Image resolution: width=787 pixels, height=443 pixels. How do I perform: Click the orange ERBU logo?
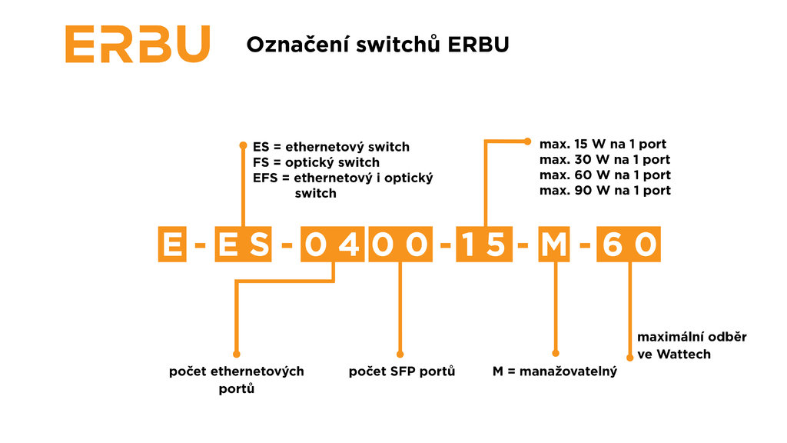click(x=137, y=44)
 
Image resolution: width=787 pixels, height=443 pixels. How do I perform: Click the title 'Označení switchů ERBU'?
click(x=377, y=45)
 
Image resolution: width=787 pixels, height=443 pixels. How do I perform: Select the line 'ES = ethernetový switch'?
click(x=331, y=147)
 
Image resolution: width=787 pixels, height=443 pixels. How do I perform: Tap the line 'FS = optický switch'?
click(x=316, y=162)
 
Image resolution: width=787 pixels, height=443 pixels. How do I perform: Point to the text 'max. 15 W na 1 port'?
click(x=603, y=144)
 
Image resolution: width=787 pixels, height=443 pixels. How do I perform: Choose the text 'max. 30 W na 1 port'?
click(x=604, y=159)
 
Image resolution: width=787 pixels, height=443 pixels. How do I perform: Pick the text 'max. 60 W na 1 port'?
click(x=604, y=175)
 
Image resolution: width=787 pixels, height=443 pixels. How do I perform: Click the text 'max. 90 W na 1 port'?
click(x=604, y=190)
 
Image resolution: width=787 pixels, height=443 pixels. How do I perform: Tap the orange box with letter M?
click(x=553, y=245)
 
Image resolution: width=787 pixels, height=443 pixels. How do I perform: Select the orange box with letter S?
click(x=259, y=245)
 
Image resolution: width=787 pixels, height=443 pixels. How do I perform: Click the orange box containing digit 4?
click(x=349, y=245)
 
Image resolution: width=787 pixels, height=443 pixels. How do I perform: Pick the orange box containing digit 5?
click(x=495, y=245)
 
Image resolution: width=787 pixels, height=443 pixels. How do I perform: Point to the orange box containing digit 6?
click(x=612, y=245)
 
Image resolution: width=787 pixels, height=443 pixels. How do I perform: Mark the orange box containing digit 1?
click(x=470, y=245)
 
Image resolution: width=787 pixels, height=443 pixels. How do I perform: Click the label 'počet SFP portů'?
click(x=402, y=371)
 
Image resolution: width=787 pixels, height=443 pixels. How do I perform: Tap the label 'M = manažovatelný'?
click(x=555, y=372)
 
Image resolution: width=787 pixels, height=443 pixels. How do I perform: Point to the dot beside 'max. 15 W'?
click(x=528, y=141)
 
